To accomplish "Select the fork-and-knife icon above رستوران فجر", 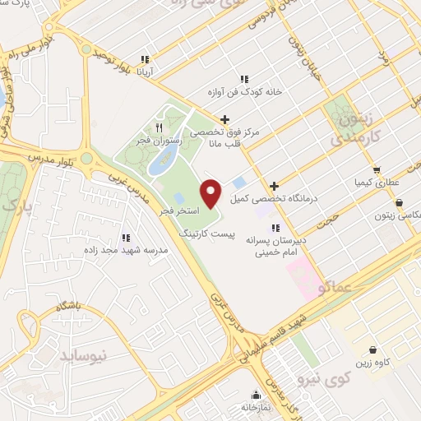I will tap(160, 127).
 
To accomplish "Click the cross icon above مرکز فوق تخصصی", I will tap(224, 118).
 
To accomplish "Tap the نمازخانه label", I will tap(257, 407).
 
